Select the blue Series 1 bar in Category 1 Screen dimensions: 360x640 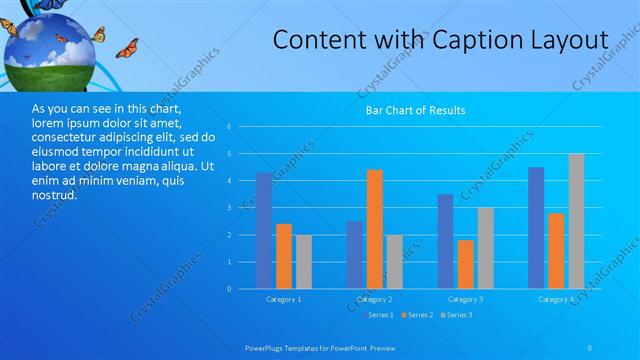(264, 231)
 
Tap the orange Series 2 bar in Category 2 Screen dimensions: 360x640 (374, 229)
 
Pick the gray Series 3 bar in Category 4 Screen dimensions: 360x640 (577, 221)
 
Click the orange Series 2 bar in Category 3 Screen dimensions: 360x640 (465, 264)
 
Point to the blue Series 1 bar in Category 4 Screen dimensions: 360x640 (537, 228)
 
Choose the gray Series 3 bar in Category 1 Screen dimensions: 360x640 (303, 262)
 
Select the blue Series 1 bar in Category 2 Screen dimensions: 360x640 (355, 255)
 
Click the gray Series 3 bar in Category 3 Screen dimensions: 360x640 (485, 248)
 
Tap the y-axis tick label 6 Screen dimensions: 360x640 (230, 127)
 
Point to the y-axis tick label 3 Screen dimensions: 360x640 (230, 208)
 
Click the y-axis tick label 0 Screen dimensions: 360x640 (230, 289)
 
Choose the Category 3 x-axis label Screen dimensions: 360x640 (465, 299)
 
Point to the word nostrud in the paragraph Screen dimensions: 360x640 (53, 194)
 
